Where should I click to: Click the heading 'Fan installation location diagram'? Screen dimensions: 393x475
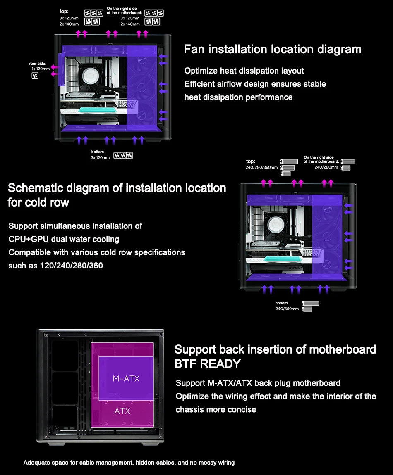click(x=272, y=50)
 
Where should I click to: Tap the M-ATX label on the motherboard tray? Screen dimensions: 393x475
click(x=126, y=378)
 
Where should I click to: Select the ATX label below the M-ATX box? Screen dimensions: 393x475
click(x=122, y=411)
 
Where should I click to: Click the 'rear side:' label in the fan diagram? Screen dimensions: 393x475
click(x=38, y=64)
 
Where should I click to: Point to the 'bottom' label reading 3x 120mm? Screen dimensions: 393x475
click(x=98, y=152)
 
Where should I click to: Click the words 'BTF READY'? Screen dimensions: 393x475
click(x=207, y=364)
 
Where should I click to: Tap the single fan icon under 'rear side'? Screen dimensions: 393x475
click(x=35, y=76)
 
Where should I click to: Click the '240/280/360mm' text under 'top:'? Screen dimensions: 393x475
click(x=261, y=168)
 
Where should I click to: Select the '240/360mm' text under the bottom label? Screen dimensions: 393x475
click(x=287, y=309)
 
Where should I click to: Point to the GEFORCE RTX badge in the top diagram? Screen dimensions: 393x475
click(x=125, y=104)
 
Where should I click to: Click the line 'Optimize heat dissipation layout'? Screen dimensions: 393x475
click(x=244, y=71)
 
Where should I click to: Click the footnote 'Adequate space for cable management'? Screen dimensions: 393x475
click(x=129, y=462)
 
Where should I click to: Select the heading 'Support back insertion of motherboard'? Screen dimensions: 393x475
click(x=275, y=349)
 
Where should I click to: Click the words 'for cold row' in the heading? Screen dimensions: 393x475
click(x=38, y=202)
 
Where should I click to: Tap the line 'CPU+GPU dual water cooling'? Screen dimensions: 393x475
click(x=64, y=239)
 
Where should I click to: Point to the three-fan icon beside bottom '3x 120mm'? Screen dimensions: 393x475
click(x=123, y=155)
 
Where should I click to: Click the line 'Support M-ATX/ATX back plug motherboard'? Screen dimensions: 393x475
click(x=258, y=383)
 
